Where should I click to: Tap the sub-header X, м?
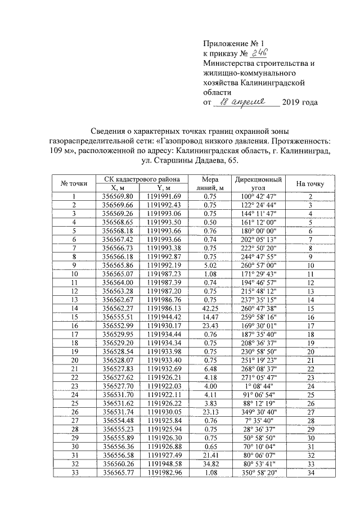[x=118, y=188]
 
